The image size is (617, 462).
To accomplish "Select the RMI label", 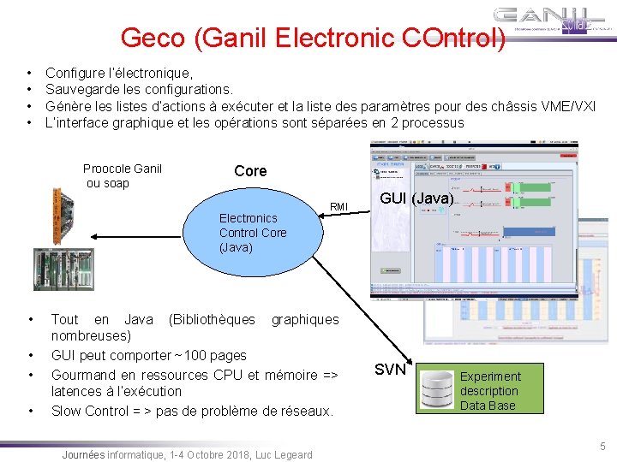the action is click(x=339, y=206).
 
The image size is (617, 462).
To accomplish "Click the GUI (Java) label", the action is click(x=416, y=198).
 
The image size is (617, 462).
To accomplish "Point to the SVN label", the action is click(x=390, y=370).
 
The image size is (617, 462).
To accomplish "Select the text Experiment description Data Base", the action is click(x=489, y=390).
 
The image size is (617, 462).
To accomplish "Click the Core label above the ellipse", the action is click(x=250, y=170).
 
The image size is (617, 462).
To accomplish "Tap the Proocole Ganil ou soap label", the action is click(x=122, y=175).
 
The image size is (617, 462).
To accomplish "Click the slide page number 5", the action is click(x=602, y=446).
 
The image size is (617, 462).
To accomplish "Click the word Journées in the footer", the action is click(x=83, y=454).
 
